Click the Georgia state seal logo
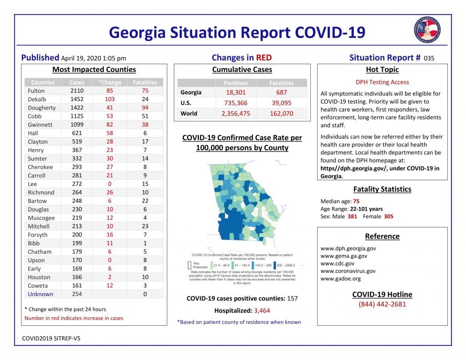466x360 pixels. click(x=426, y=30)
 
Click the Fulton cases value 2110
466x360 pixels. click(x=76, y=91)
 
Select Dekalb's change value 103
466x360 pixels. click(x=109, y=99)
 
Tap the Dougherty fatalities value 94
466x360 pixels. click(x=145, y=108)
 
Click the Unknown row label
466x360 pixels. click(x=41, y=294)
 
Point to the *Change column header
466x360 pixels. click(x=110, y=82)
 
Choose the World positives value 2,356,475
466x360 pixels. click(x=236, y=113)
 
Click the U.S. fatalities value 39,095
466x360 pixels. click(x=281, y=103)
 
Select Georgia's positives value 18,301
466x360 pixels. click(x=236, y=92)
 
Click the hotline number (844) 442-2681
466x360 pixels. click(x=382, y=304)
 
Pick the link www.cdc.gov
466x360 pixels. click(x=337, y=264)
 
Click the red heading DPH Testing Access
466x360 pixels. click(x=382, y=82)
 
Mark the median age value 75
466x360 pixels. click(x=356, y=201)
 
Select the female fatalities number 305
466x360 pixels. click(x=388, y=217)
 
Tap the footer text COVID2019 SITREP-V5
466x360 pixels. click(x=51, y=338)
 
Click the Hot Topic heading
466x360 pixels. click(x=382, y=70)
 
